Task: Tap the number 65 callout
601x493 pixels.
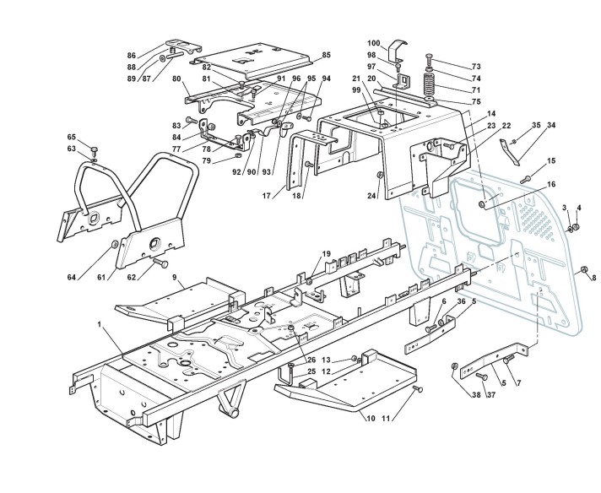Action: click(72, 137)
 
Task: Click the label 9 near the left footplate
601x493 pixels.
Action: click(175, 277)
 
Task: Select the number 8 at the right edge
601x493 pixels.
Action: click(593, 278)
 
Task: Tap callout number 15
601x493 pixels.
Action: click(551, 160)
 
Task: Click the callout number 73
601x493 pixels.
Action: click(475, 67)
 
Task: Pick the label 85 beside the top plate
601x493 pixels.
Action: click(327, 55)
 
